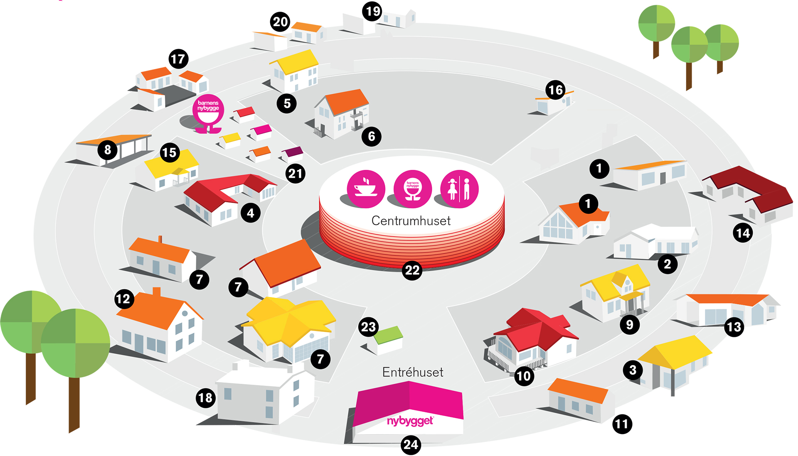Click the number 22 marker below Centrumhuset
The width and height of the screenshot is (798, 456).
[412, 270]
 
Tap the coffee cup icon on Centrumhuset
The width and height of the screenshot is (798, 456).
[366, 189]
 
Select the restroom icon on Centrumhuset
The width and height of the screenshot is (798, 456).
[459, 189]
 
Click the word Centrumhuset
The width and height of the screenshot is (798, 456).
[411, 221]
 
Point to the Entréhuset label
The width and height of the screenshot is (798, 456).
[413, 372]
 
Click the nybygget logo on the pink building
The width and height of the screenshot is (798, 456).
[410, 421]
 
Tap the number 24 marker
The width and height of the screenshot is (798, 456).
[411, 445]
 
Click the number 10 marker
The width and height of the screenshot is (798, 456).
[524, 376]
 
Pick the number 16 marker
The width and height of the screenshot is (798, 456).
[556, 90]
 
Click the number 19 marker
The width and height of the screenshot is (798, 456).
[372, 11]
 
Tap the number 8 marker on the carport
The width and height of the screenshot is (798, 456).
[108, 150]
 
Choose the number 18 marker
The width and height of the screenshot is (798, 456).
[206, 398]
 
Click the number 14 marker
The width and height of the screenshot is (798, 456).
[743, 233]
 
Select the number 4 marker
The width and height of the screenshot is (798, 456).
[251, 213]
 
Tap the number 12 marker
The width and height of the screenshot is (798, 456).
[123, 299]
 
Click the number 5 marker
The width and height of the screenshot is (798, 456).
[287, 103]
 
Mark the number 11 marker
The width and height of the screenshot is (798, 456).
[622, 424]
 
